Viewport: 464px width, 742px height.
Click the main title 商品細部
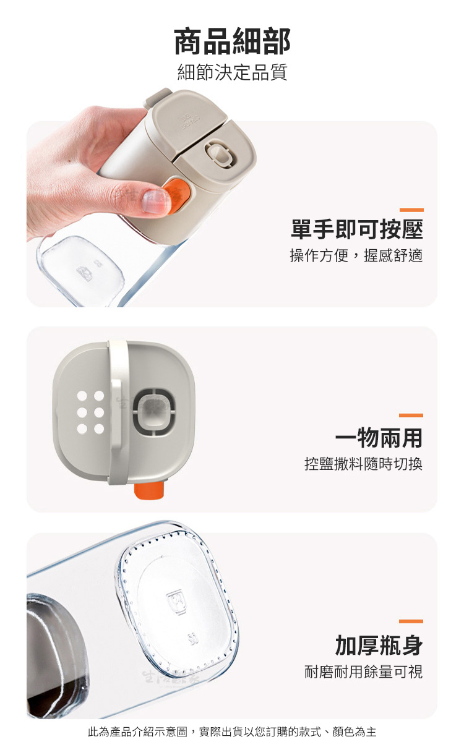[x=232, y=41]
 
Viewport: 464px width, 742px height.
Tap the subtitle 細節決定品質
[x=232, y=72]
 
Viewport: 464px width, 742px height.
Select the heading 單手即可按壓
[x=356, y=229]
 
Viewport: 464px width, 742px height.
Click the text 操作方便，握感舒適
[x=356, y=255]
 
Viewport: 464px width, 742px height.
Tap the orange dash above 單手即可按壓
[x=411, y=210]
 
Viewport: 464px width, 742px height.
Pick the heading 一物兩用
[x=379, y=438]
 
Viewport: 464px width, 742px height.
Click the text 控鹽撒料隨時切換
[x=364, y=464]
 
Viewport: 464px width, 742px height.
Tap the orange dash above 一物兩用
[x=411, y=416]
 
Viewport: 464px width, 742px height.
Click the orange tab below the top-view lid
[x=149, y=490]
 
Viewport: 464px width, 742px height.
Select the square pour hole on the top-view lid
[x=155, y=412]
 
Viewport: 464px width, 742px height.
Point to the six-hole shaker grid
[x=90, y=412]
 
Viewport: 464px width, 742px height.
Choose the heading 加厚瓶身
[x=379, y=646]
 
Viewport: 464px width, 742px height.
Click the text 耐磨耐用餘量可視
[x=364, y=672]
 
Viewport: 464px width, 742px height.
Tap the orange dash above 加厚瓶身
[x=411, y=621]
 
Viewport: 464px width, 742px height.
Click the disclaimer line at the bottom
[x=232, y=731]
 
